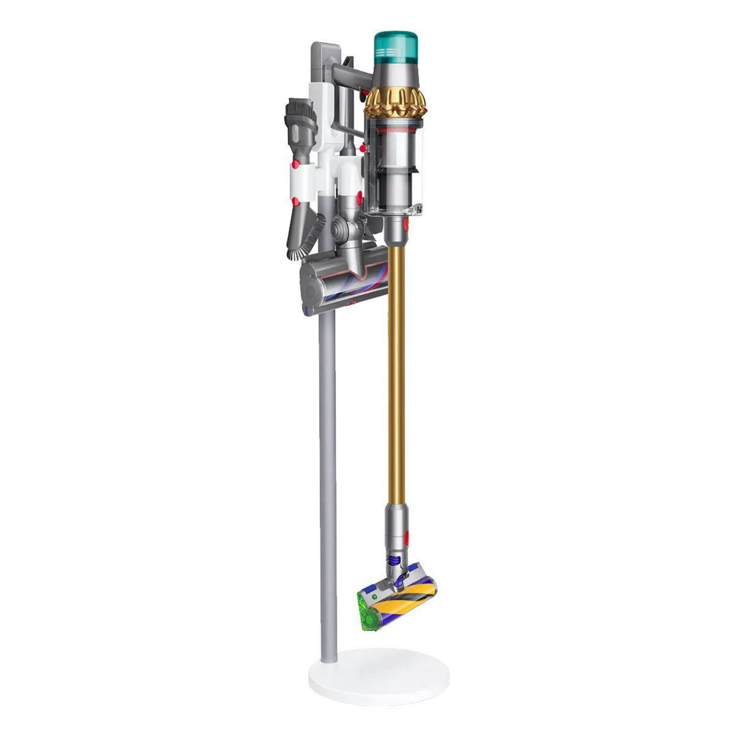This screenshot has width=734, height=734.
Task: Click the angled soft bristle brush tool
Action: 310,232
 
